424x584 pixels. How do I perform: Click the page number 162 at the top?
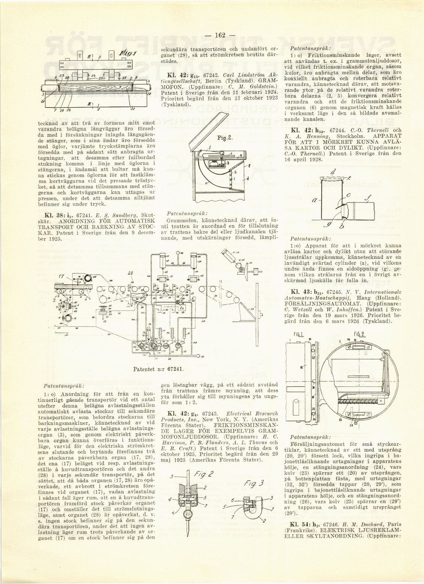click(219, 36)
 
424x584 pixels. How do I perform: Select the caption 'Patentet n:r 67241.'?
click(159, 369)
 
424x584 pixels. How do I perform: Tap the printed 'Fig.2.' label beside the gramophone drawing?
click(225, 137)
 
